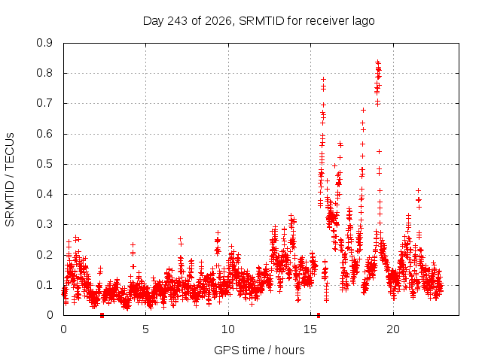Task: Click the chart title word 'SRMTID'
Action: coord(261,21)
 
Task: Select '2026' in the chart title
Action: coord(218,21)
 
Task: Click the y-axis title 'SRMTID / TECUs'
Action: coord(10,180)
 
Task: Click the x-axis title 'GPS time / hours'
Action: coord(259,350)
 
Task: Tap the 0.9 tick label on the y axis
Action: coord(44,43)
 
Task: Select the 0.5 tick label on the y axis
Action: coord(44,164)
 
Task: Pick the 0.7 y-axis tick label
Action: coord(44,103)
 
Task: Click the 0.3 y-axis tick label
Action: coord(44,224)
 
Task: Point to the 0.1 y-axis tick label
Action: coord(44,285)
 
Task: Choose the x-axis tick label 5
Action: coord(145,329)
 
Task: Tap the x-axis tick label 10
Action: coord(228,329)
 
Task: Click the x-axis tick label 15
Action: coord(310,329)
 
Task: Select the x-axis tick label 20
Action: coord(393,329)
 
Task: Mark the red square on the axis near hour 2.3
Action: coord(102,315)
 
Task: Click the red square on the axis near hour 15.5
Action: coord(319,315)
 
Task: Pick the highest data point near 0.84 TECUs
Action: coord(378,62)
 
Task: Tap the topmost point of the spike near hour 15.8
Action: coord(323,80)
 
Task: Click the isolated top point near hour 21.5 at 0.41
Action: coord(418,190)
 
